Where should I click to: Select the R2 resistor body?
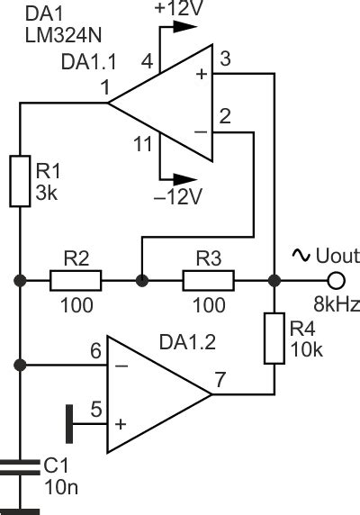(x=75, y=280)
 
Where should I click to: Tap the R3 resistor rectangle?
(x=208, y=280)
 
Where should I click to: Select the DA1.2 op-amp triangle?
(x=153, y=394)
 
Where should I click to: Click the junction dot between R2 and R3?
(x=141, y=280)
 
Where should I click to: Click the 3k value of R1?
(x=47, y=193)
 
